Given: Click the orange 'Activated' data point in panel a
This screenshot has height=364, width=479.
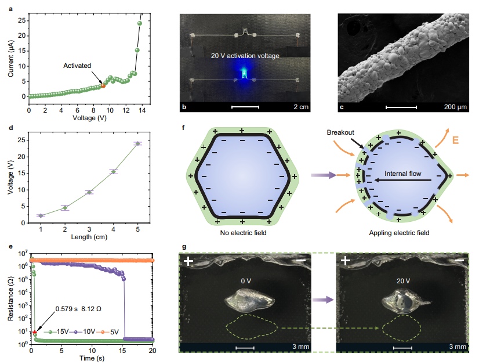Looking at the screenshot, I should coord(103,85).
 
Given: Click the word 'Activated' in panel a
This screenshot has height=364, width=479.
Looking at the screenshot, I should coord(77,66).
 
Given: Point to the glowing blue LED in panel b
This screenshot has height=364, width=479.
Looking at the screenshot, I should coord(244,74).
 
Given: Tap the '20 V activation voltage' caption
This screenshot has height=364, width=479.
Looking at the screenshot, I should coord(246,56).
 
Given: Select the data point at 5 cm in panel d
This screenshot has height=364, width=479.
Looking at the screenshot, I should coord(138,143).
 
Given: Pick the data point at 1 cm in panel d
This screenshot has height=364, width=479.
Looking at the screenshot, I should coord(41,215).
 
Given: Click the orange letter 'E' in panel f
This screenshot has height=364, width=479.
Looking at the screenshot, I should coord(457,140).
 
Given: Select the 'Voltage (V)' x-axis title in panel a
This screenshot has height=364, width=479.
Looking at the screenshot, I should coord(90,117).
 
